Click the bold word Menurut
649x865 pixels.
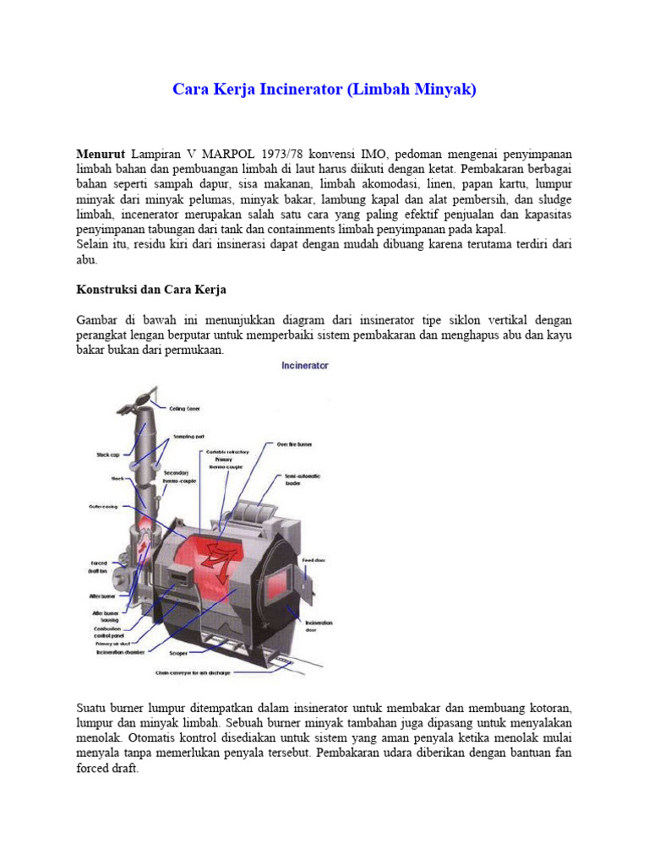[x=101, y=154]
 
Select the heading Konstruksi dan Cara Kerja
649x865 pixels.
[x=151, y=290]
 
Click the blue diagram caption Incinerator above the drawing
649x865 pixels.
[x=304, y=366]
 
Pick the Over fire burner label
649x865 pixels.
[x=295, y=443]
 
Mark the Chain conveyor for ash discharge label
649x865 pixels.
[x=194, y=673]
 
